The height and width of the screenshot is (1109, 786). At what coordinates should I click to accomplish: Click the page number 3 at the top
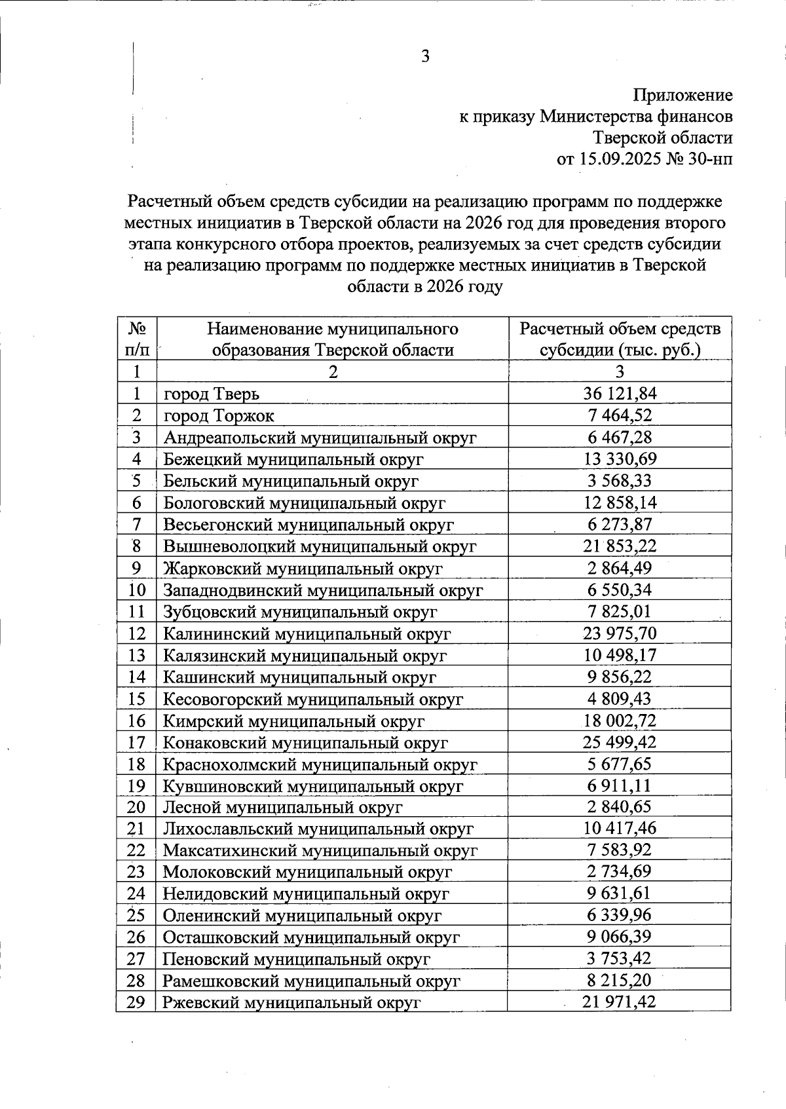point(425,57)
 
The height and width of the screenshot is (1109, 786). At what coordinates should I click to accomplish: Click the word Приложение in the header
point(683,96)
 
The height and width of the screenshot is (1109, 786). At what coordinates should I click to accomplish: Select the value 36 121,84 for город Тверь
point(620,394)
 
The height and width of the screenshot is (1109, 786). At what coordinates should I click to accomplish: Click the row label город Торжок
point(219,416)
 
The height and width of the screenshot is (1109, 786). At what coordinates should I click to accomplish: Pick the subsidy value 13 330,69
point(620,459)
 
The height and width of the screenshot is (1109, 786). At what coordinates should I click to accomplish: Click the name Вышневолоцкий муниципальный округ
point(320,546)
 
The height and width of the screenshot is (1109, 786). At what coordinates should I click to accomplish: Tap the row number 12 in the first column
point(136,633)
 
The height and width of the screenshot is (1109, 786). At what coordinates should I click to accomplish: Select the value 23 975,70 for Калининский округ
point(620,633)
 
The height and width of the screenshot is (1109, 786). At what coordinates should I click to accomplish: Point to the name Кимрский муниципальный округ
point(293,721)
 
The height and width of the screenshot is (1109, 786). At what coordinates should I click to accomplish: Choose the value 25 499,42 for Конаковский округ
point(620,742)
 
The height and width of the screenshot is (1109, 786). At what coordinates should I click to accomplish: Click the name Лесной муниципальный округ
point(282,808)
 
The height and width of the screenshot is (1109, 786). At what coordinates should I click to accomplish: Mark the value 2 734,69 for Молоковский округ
point(620,872)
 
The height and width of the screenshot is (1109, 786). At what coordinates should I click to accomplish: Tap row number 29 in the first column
point(136,1002)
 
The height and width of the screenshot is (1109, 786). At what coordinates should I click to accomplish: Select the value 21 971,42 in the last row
point(620,1002)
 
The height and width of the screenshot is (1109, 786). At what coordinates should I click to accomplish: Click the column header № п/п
point(136,339)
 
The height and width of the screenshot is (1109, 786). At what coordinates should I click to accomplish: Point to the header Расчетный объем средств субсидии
point(620,339)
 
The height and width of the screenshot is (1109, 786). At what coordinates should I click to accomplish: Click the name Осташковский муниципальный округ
point(311,937)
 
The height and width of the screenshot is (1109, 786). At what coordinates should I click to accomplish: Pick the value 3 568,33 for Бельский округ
point(620,481)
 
